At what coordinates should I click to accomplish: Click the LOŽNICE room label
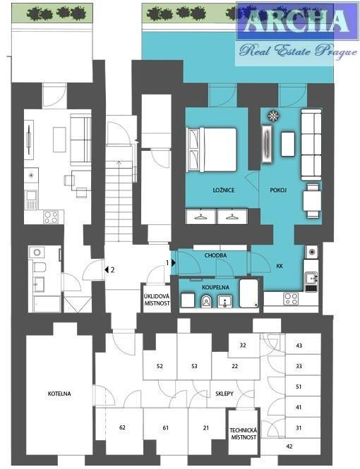pyautogui.click(x=224, y=190)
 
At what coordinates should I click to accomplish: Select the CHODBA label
pyautogui.click(x=215, y=255)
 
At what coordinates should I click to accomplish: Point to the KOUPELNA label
pyautogui.click(x=215, y=288)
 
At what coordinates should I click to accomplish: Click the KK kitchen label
pyautogui.click(x=280, y=266)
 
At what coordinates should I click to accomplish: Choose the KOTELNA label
pyautogui.click(x=59, y=394)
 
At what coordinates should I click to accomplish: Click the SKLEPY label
pyautogui.click(x=224, y=394)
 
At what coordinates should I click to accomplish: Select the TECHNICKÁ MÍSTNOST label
pyautogui.click(x=244, y=434)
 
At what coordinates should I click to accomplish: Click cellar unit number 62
pyautogui.click(x=122, y=427)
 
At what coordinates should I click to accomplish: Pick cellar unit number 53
pyautogui.click(x=195, y=366)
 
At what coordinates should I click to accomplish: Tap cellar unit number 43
pyautogui.click(x=299, y=346)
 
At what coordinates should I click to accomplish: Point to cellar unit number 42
pyautogui.click(x=289, y=446)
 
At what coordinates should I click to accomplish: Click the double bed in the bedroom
pyautogui.click(x=212, y=150)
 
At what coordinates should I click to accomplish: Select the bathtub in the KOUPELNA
pyautogui.click(x=249, y=293)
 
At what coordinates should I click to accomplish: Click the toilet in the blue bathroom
pyautogui.click(x=206, y=300)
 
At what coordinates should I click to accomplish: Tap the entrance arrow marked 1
pyautogui.click(x=174, y=263)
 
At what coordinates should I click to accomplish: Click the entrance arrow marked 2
pyautogui.click(x=106, y=270)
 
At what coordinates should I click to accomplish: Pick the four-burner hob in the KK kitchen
pyautogui.click(x=291, y=299)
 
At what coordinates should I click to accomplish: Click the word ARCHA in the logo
pyautogui.click(x=295, y=22)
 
